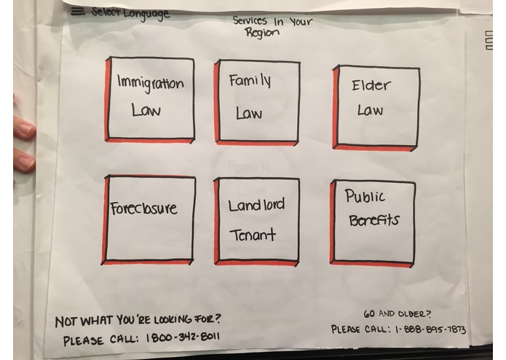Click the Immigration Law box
click(x=150, y=99)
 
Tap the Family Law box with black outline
click(x=257, y=102)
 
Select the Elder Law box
click(x=376, y=108)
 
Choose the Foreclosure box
click(x=149, y=220)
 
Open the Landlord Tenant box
click(x=256, y=222)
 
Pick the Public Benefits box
click(x=372, y=224)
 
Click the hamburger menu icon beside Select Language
click(x=78, y=12)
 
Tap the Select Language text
click(x=130, y=13)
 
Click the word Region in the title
click(x=261, y=33)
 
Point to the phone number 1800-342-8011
click(x=183, y=337)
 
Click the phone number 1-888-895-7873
click(x=430, y=329)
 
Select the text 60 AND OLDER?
click(x=397, y=314)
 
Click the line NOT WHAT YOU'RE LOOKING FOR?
click(x=138, y=321)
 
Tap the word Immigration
click(x=151, y=84)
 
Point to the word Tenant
click(x=253, y=235)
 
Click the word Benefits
click(x=374, y=221)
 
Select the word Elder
click(x=371, y=85)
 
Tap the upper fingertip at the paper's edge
click(x=25, y=128)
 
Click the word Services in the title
click(x=250, y=20)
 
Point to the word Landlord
click(x=256, y=205)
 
